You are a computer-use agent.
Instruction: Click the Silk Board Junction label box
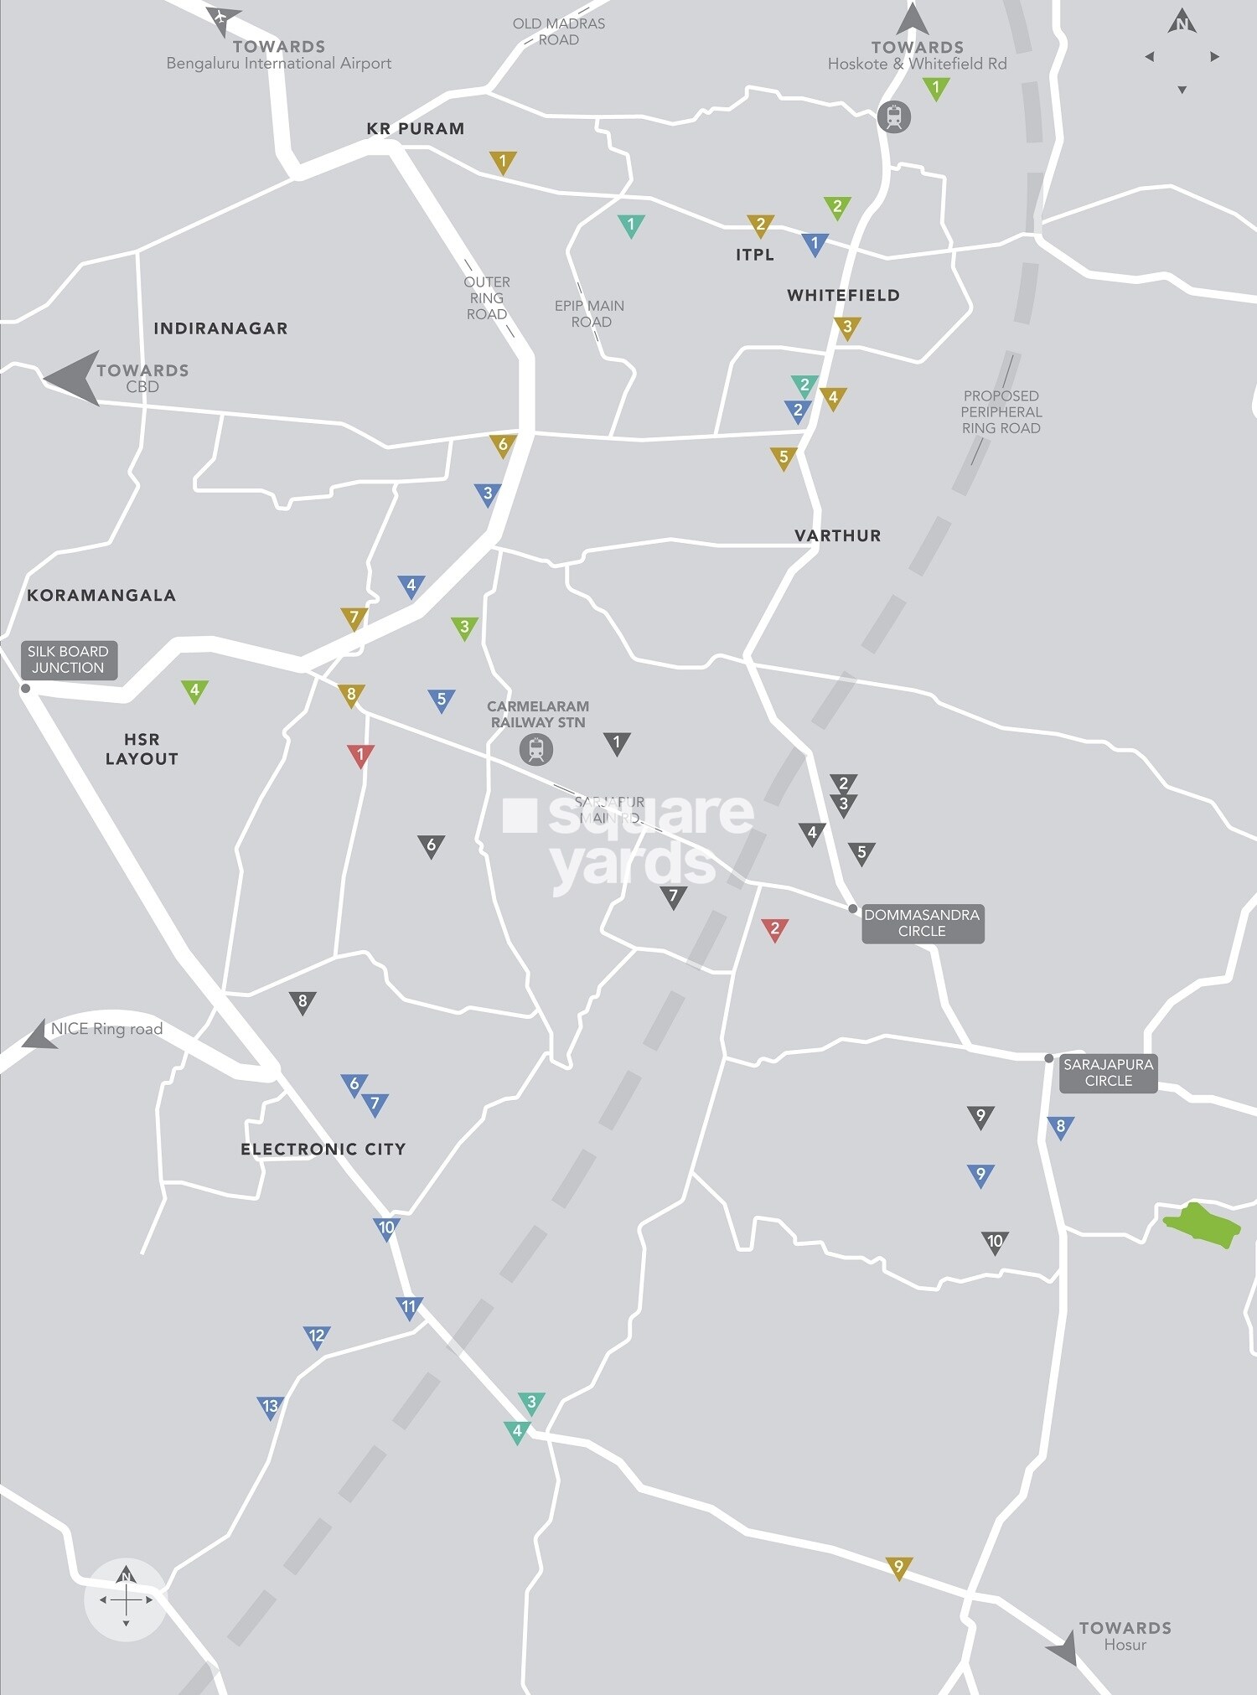coord(68,659)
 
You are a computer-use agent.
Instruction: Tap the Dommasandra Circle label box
coord(922,922)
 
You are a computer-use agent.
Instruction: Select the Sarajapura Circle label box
coord(1108,1072)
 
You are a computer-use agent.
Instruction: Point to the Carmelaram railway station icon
coord(536,748)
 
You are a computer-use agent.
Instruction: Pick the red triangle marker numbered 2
coord(774,928)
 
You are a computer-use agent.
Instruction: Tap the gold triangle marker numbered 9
coord(898,1567)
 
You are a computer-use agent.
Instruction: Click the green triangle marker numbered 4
coord(194,691)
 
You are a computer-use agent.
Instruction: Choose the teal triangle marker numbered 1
coord(631,225)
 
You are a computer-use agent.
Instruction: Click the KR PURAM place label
coord(415,128)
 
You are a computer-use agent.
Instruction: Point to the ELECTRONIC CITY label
coord(323,1149)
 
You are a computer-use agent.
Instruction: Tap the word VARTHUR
coord(837,535)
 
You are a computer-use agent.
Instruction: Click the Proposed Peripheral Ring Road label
coord(1001,411)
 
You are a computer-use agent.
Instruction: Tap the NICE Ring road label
coord(106,1029)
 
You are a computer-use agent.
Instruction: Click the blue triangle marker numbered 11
coord(409,1307)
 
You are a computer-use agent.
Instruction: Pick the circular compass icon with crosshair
coord(126,1599)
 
